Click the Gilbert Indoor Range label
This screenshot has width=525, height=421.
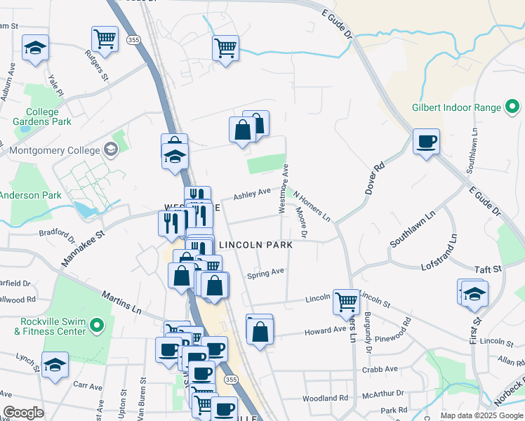[x=456, y=108]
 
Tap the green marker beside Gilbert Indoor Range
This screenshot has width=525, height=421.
[x=512, y=108]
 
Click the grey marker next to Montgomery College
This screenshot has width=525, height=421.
[x=111, y=149]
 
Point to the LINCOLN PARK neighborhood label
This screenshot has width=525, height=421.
[x=256, y=245]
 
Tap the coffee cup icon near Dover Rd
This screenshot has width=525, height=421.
[x=426, y=142]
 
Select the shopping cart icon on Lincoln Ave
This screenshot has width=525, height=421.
[x=346, y=301]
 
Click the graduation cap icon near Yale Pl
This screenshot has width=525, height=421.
[x=35, y=48]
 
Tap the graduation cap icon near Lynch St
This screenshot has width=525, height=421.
[x=55, y=365]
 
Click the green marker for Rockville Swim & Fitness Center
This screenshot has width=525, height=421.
[x=98, y=326]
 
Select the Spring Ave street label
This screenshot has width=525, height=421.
[x=265, y=274]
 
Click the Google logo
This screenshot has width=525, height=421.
[x=23, y=413]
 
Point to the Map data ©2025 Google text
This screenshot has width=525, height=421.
[x=480, y=415]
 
